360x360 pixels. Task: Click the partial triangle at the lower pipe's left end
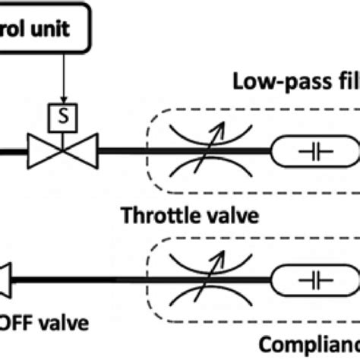pos(8,282)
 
